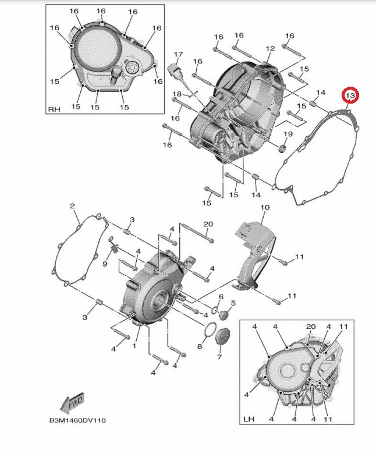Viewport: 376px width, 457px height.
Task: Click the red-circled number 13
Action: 350,95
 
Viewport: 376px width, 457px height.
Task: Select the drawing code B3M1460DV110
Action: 77,420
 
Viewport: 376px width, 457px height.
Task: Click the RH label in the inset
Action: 54,109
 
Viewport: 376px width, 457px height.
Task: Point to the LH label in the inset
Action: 249,419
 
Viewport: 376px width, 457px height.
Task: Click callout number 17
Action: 178,54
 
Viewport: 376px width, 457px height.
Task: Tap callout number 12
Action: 270,48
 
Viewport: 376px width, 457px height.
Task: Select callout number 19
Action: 288,134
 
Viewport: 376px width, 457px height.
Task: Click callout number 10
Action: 265,207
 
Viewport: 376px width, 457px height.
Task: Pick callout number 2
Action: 72,206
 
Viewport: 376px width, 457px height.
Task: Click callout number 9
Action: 105,264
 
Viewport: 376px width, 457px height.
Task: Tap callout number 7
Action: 219,356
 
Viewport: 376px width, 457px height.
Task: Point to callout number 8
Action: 200,346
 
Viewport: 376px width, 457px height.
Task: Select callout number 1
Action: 134,346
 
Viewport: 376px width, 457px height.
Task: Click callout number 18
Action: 177,94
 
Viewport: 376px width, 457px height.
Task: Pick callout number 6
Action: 221,297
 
